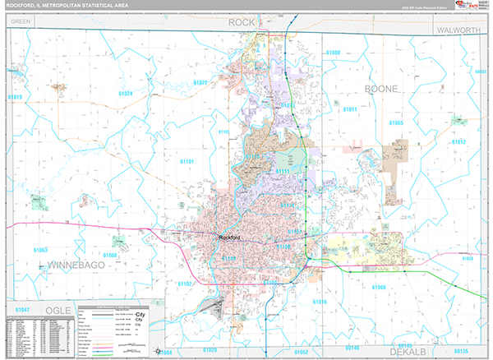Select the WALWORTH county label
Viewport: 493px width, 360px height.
click(x=456, y=30)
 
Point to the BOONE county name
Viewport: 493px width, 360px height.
click(x=382, y=88)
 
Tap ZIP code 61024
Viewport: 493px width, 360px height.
click(x=125, y=94)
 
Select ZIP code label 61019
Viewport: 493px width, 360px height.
click(x=15, y=97)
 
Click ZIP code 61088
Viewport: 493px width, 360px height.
click(x=111, y=256)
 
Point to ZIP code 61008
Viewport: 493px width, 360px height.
click(x=379, y=287)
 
